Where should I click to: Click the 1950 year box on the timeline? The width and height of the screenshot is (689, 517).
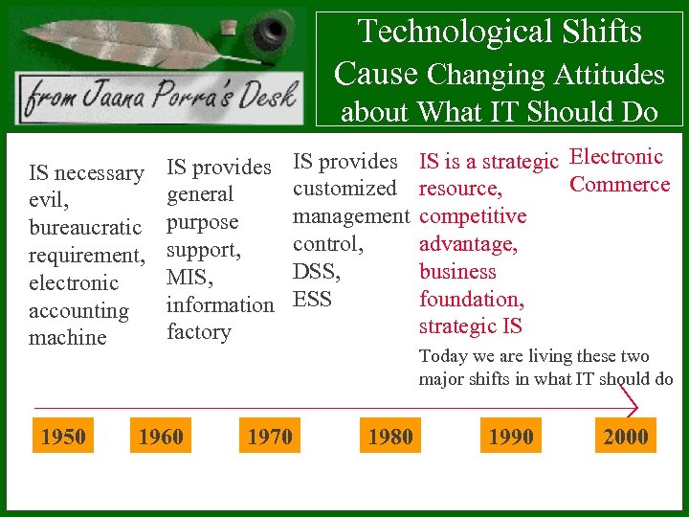pyautogui.click(x=62, y=438)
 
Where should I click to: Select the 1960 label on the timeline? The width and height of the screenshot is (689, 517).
pyautogui.click(x=161, y=438)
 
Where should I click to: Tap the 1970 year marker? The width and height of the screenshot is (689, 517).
pyautogui.click(x=270, y=438)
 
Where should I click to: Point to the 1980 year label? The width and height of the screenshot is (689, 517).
pyautogui.click(x=390, y=438)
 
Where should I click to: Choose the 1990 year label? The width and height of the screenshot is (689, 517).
pyautogui.click(x=511, y=438)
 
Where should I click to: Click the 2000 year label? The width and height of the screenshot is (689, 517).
pyautogui.click(x=626, y=438)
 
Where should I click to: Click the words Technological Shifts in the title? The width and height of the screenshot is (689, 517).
pyautogui.click(x=500, y=32)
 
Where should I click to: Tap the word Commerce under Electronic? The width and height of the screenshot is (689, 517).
pyautogui.click(x=619, y=185)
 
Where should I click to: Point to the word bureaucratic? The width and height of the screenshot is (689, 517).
pyautogui.click(x=85, y=229)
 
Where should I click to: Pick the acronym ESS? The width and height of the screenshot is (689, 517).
pyautogui.click(x=312, y=300)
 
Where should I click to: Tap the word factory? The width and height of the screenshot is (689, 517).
pyautogui.click(x=198, y=332)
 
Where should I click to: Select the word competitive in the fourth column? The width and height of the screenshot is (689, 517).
pyautogui.click(x=473, y=216)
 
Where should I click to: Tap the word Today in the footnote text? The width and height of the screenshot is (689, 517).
pyautogui.click(x=443, y=356)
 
